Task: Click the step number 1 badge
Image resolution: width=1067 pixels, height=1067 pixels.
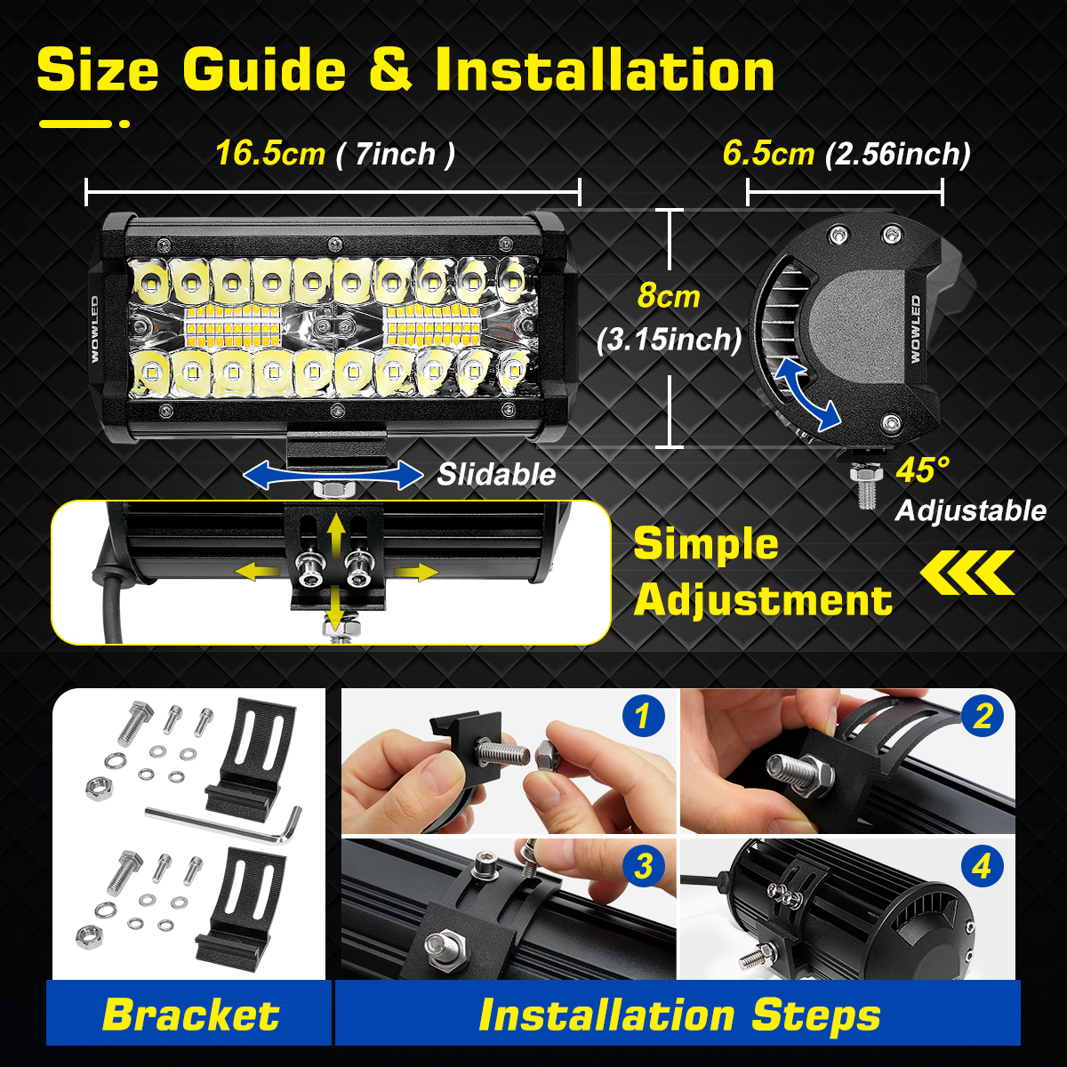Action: pyautogui.click(x=644, y=716)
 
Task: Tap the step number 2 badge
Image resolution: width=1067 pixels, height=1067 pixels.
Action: pyautogui.click(x=983, y=716)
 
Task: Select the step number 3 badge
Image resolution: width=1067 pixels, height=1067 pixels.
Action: pyautogui.click(x=644, y=866)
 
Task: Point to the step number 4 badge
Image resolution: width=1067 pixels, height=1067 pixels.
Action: pyautogui.click(x=983, y=866)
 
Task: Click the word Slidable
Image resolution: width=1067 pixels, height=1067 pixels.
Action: pyautogui.click(x=496, y=475)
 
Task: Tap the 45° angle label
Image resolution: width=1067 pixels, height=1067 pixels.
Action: pyautogui.click(x=922, y=469)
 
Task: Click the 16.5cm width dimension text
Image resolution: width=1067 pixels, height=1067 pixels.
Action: pyautogui.click(x=270, y=153)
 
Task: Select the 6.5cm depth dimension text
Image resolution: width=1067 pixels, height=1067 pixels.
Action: pyautogui.click(x=768, y=153)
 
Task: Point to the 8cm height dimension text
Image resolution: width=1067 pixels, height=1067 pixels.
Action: pyautogui.click(x=669, y=295)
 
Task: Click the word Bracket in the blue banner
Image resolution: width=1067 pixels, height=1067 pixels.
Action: pyautogui.click(x=191, y=1015)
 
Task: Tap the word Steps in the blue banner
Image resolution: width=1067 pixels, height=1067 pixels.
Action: pyautogui.click(x=815, y=1015)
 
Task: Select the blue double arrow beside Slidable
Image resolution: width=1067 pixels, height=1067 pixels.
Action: pyautogui.click(x=333, y=476)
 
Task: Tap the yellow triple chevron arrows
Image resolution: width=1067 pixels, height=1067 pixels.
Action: pyautogui.click(x=967, y=573)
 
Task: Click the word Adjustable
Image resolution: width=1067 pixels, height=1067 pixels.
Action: pyautogui.click(x=971, y=510)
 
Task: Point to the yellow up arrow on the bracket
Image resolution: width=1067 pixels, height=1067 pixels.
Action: pyautogui.click(x=335, y=533)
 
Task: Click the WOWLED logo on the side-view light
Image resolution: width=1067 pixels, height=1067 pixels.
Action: pyautogui.click(x=915, y=329)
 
